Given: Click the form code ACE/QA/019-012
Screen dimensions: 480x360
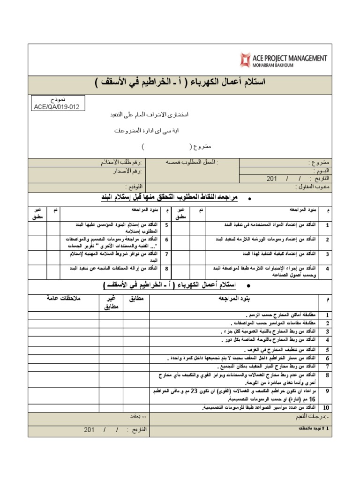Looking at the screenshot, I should (56, 106).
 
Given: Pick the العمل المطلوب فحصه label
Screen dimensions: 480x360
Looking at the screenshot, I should (192, 162).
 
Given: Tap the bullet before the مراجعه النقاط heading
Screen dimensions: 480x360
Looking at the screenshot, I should (249, 199).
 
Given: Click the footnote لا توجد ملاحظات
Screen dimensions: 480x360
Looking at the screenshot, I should (311, 429).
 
